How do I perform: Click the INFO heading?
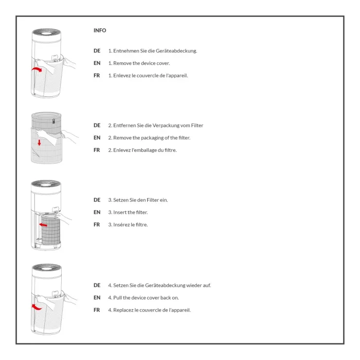(100, 30)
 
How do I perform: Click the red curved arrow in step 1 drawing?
(37, 69)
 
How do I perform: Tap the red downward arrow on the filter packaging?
(39, 142)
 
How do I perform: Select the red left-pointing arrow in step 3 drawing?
(43, 225)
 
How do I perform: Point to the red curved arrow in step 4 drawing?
(37, 307)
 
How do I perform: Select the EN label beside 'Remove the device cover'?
(97, 63)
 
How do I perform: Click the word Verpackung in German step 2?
(166, 125)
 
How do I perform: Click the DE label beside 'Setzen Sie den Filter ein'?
(97, 200)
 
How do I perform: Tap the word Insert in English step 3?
(120, 212)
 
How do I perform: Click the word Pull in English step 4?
(117, 298)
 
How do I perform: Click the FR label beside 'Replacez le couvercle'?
(97, 310)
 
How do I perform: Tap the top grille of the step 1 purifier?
(47, 32)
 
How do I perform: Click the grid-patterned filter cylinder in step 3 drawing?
(51, 229)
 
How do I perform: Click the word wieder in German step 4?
(194, 285)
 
